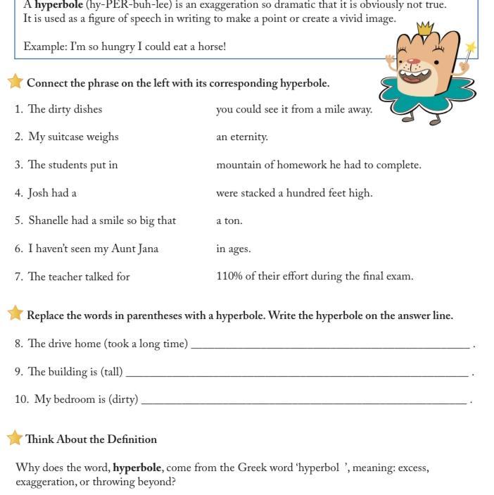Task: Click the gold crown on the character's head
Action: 425,29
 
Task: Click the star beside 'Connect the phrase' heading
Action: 15,82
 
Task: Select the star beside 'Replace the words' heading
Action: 15,313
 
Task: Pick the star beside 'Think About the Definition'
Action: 15,438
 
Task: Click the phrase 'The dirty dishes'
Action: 65,109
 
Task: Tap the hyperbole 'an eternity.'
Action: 242,137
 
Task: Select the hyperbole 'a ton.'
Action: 229,220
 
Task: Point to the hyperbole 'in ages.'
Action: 234,249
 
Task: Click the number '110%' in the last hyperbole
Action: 229,276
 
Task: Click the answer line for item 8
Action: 330,346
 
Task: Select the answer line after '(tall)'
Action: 296,374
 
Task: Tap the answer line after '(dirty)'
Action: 303,401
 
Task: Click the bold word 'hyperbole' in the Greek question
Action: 137,468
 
